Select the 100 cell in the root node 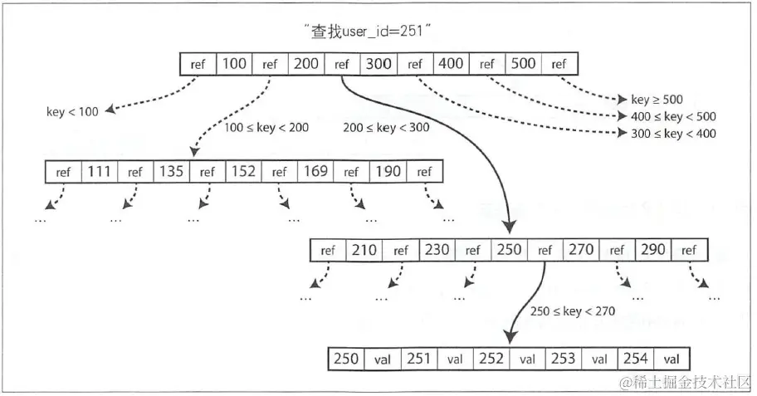click(x=234, y=64)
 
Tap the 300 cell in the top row click(x=378, y=64)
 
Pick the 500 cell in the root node click(x=523, y=64)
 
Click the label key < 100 click(x=73, y=110)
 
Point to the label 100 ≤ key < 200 click(x=266, y=128)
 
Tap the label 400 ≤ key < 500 click(x=667, y=117)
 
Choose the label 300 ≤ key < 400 click(x=667, y=133)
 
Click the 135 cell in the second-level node click(x=171, y=172)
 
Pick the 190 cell click(x=388, y=172)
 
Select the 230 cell click(x=437, y=250)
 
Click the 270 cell click(x=580, y=250)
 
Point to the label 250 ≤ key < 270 click(x=573, y=311)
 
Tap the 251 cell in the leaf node click(x=418, y=359)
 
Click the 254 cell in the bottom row click(x=636, y=359)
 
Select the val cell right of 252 click(x=527, y=359)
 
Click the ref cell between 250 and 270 click(x=545, y=250)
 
